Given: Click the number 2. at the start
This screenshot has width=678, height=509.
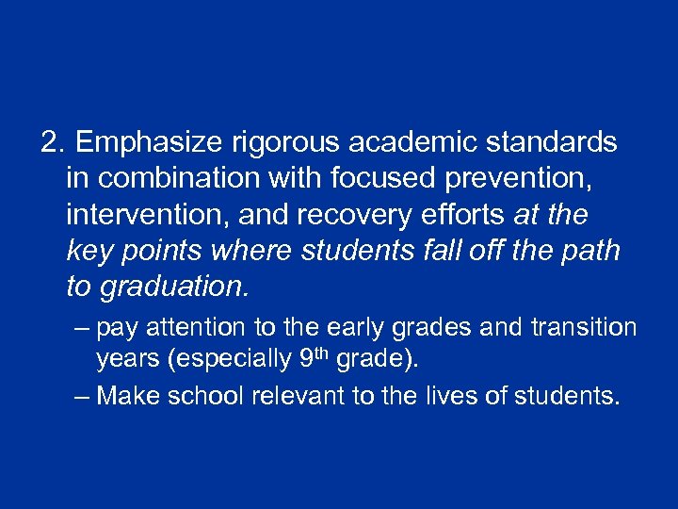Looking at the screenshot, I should (x=54, y=142).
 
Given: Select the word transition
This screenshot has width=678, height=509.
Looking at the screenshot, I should (x=583, y=328).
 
